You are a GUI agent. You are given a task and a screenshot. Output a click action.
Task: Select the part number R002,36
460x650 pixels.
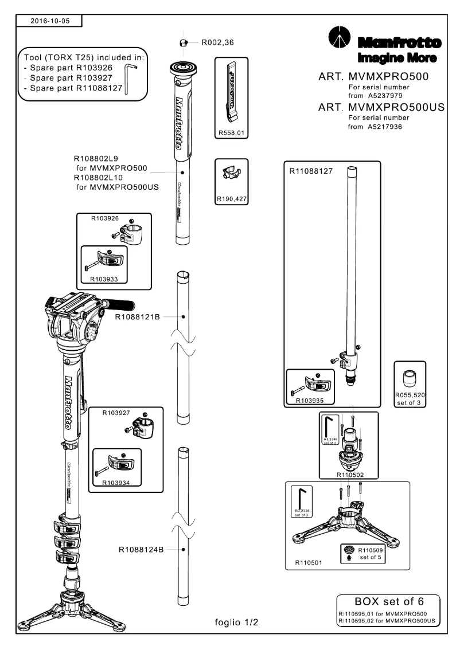[219, 42]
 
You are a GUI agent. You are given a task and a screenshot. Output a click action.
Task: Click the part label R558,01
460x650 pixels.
[232, 133]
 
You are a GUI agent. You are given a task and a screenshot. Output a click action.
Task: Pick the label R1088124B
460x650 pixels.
[141, 549]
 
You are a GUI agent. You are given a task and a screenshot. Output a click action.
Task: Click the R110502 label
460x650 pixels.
[350, 475]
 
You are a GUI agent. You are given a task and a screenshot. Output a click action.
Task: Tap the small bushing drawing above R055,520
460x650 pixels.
[408, 378]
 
